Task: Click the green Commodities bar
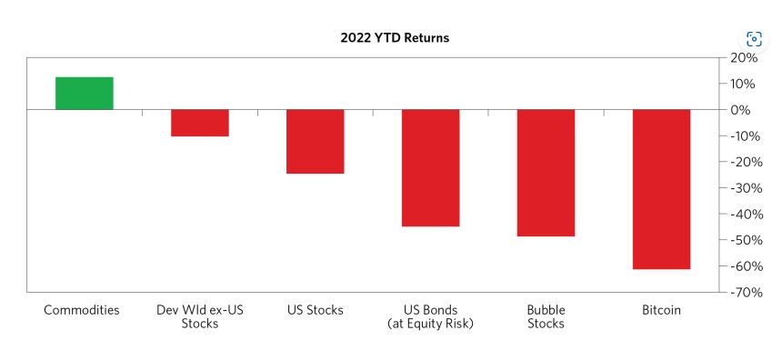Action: coord(85,94)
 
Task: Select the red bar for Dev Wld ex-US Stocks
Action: coord(200,123)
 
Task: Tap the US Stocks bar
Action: coord(316,142)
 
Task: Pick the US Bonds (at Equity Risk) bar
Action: coord(430,168)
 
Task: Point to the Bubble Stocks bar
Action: coord(546,173)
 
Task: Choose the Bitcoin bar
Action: coord(661,189)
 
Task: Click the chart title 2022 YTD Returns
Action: coord(395,38)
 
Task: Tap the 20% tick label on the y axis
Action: coord(744,58)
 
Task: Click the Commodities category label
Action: coord(82,310)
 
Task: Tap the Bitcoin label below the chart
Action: coord(661,310)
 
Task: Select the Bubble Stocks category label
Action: coord(546,316)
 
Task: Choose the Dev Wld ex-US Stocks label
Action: coord(200,316)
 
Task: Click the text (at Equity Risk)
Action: coord(430,324)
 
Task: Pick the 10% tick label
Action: coord(744,84)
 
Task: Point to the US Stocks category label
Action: coord(316,310)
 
